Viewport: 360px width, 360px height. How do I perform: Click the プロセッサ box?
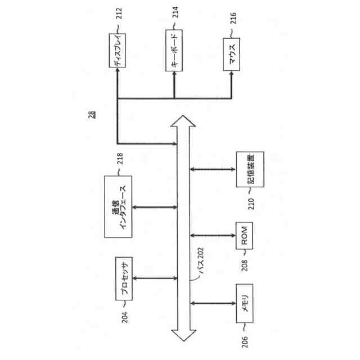click(123, 279)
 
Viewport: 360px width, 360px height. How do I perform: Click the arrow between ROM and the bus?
click(213, 235)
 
